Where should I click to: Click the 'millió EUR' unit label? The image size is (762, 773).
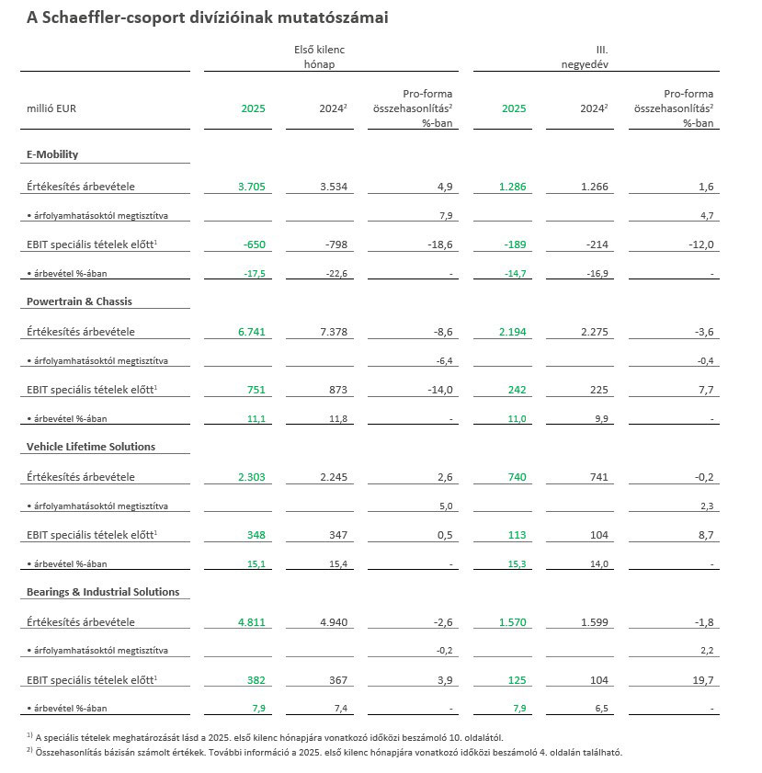51,108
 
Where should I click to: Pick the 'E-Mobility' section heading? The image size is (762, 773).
52,154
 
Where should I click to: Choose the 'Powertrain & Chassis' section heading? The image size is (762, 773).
80,301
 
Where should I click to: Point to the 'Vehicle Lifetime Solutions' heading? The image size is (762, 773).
91,447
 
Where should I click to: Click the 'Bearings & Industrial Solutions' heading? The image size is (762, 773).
103,592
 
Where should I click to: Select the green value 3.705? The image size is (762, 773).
251,187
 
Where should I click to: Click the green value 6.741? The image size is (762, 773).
251,332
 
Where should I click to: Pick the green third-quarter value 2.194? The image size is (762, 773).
513,332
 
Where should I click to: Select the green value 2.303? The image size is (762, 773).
251,477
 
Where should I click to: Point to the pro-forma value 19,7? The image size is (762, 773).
701,680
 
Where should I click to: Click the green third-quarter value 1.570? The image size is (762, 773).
513,622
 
